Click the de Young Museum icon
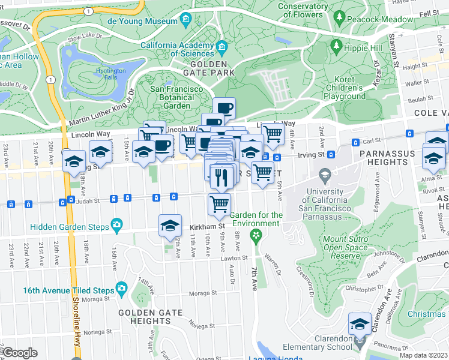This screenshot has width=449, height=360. click(x=187, y=20)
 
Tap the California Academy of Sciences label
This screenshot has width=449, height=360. click(x=177, y=49)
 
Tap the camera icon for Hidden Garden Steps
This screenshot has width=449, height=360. click(x=116, y=226)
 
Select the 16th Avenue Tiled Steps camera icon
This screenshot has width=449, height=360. click(x=122, y=290)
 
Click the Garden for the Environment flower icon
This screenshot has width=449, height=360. click(x=257, y=235)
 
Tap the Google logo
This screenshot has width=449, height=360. click(x=20, y=353)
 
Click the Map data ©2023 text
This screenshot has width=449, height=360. click(x=423, y=355)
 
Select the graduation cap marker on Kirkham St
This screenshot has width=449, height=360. click(x=170, y=226)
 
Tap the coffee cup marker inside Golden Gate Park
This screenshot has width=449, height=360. click(x=224, y=108)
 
